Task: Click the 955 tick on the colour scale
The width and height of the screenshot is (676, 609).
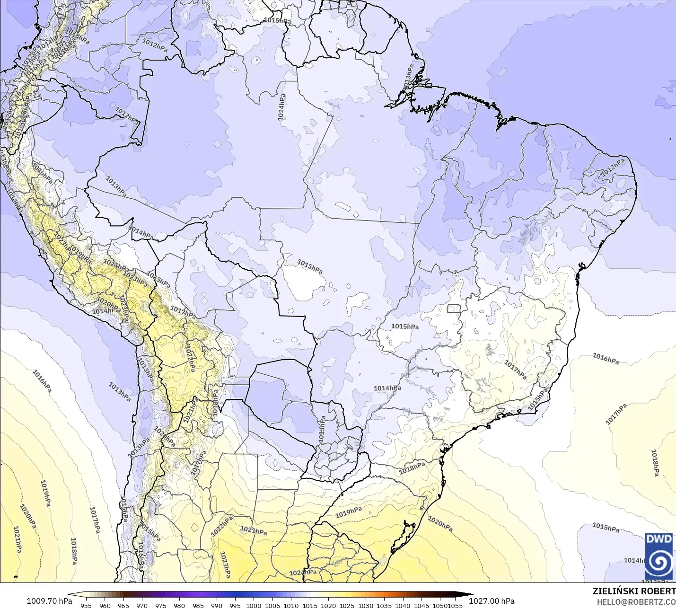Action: coord(86,605)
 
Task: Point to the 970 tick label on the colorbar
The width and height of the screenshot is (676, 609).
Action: coord(142,605)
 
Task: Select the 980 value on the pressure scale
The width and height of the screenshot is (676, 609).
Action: coord(179,605)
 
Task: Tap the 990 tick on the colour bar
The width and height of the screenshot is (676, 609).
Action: coord(217,605)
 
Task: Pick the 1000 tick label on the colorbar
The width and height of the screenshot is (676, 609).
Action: coord(254,605)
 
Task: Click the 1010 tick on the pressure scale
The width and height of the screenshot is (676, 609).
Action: coord(291,605)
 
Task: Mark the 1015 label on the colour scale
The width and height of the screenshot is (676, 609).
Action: coord(310,605)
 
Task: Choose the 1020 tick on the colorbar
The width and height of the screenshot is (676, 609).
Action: coord(328,605)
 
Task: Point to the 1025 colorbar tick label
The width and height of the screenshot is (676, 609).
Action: coord(347,605)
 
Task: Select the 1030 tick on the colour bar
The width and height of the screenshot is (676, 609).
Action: coord(366,605)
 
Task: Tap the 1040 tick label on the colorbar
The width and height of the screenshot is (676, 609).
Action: coord(403,605)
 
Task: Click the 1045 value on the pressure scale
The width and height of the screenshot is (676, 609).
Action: coord(421,605)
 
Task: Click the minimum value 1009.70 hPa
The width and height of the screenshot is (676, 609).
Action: coord(49,601)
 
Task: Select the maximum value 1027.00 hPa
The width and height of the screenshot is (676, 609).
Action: coord(492,601)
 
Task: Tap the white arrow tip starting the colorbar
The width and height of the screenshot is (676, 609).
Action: coord(71,595)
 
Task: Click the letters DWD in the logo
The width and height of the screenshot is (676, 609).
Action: coord(659,539)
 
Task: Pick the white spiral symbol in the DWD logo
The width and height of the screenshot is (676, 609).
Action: coord(659,562)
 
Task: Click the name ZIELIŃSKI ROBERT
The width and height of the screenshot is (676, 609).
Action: coord(634,591)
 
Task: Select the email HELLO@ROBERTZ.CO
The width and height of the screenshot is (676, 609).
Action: coord(636,602)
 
